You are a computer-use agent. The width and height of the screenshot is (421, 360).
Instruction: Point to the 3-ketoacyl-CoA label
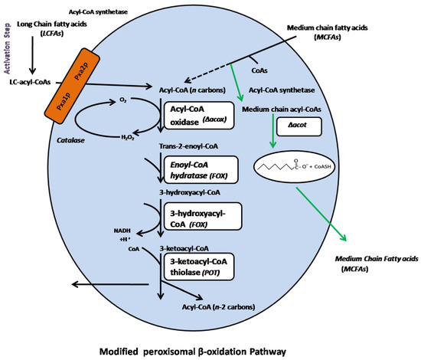click(185, 249)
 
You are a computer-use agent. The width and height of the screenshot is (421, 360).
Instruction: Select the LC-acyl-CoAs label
click(30, 81)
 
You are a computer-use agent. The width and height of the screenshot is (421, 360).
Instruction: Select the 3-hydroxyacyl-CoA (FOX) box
click(195, 216)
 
